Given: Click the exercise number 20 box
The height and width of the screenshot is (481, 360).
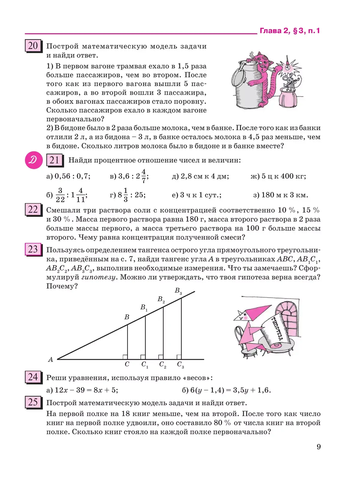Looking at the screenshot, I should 33,46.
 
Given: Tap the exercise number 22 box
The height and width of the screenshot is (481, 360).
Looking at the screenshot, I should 33,210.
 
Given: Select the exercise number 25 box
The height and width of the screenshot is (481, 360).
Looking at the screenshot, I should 33,402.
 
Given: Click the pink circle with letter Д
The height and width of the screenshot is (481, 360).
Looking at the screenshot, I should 34,160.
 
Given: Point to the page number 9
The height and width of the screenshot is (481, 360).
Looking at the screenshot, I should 319,447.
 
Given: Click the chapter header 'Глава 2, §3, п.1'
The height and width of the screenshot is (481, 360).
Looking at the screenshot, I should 289,31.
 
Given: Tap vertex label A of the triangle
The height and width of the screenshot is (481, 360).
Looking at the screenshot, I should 50,360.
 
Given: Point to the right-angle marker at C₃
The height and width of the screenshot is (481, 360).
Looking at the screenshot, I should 179,357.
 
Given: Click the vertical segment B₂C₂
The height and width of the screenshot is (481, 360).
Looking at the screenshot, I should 163,333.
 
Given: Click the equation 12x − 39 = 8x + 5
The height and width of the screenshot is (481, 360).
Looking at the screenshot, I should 86,390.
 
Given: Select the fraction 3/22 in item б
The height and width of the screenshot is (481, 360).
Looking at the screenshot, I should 60,195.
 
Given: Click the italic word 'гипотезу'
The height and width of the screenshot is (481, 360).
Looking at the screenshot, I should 98,277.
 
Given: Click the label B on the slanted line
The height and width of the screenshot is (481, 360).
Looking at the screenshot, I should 127,317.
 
